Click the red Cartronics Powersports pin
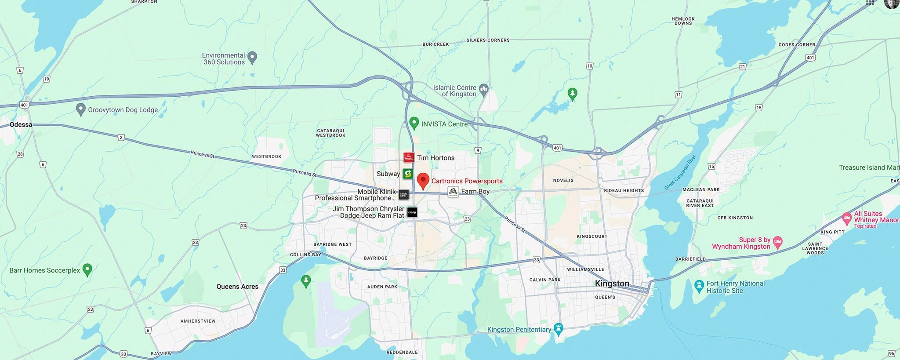click(423, 180)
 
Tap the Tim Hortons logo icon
click(409, 157)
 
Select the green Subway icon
click(408, 174)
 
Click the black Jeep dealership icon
click(412, 212)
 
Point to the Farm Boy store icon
click(453, 192)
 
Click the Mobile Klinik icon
click(404, 194)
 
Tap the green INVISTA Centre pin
click(414, 123)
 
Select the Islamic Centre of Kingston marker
click(484, 90)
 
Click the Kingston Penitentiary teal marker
click(559, 328)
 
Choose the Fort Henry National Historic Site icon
click(699, 286)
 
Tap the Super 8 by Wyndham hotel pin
click(778, 242)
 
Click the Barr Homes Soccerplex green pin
click(87, 269)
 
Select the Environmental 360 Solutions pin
click(252, 57)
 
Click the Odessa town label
click(21, 125)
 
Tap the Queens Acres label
click(237, 287)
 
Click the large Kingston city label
click(612, 284)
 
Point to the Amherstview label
click(198, 321)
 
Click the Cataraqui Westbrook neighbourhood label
click(330, 133)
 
